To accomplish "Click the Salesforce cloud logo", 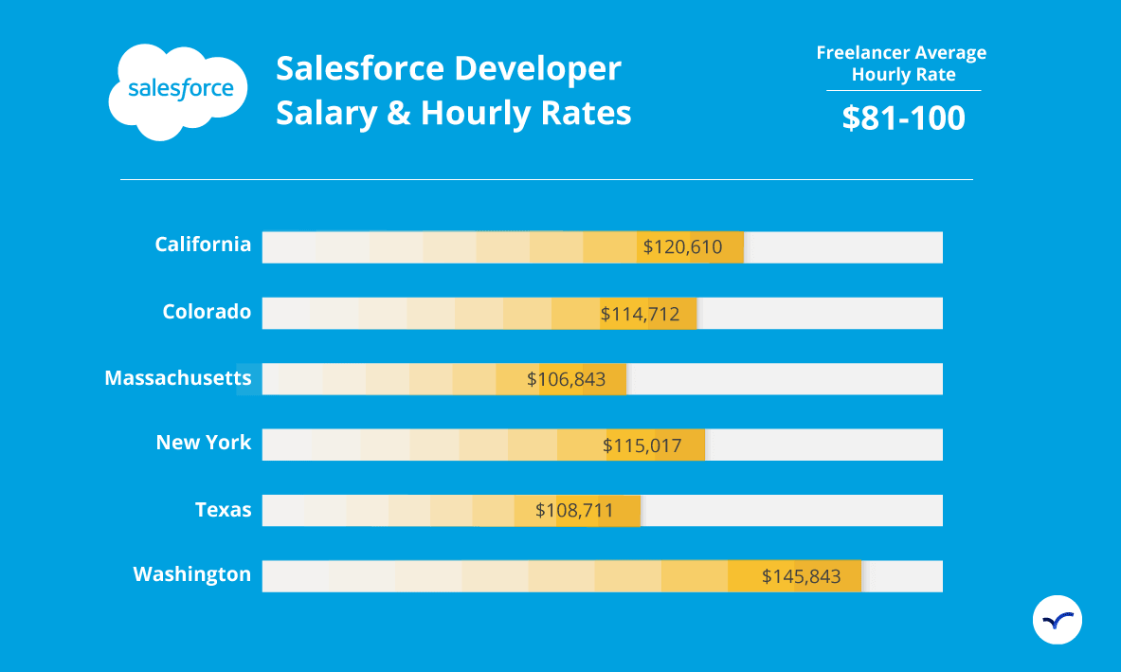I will click(x=179, y=91).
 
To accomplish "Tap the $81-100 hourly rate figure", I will click(x=903, y=118).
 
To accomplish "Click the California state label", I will click(x=203, y=245).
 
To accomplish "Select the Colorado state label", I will click(x=207, y=312).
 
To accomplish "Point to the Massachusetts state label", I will click(x=178, y=378).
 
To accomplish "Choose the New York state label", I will click(x=204, y=443).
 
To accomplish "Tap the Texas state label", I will click(x=224, y=510).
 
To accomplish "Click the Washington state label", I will click(x=192, y=574).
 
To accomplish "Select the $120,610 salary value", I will click(x=682, y=247).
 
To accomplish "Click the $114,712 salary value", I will click(x=641, y=314).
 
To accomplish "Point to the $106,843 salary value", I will click(x=567, y=379).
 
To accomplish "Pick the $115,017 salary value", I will click(x=642, y=445).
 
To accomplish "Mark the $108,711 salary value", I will click(x=574, y=511).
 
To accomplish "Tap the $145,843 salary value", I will click(x=801, y=576).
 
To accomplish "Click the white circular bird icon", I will click(x=1057, y=621).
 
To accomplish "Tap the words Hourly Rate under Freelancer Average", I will click(x=903, y=75).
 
